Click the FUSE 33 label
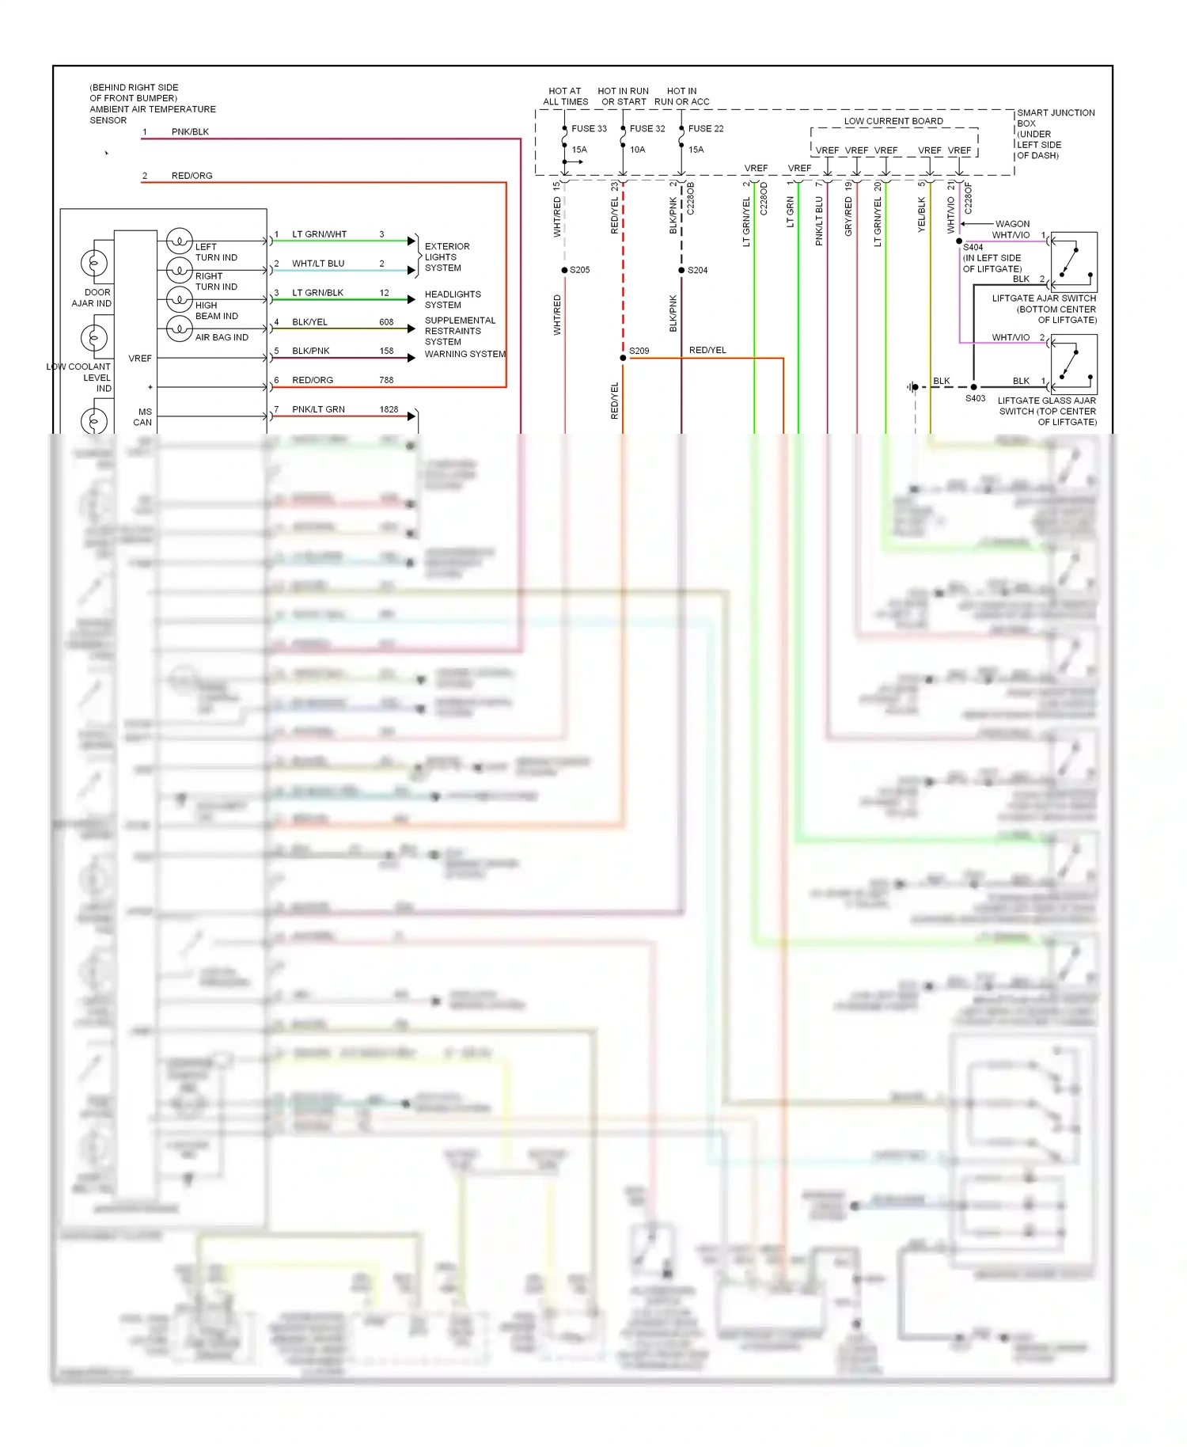coord(589,128)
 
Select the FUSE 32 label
coord(647,128)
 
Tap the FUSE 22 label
coord(706,128)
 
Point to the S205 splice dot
coord(564,270)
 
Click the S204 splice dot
coord(681,270)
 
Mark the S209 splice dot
coord(623,358)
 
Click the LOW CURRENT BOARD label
coord(893,121)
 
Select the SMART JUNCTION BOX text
coord(1056,118)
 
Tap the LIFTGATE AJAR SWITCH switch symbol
coord(1074,262)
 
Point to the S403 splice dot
coord(973,387)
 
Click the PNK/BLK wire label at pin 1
coord(190,131)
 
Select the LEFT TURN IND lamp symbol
coord(180,240)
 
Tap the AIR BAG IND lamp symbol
coord(180,328)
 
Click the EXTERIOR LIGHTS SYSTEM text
coord(447,257)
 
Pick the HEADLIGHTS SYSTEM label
coord(452,299)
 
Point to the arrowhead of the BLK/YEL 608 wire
coord(411,329)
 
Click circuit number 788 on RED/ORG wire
coord(386,380)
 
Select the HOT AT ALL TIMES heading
coord(565,96)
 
